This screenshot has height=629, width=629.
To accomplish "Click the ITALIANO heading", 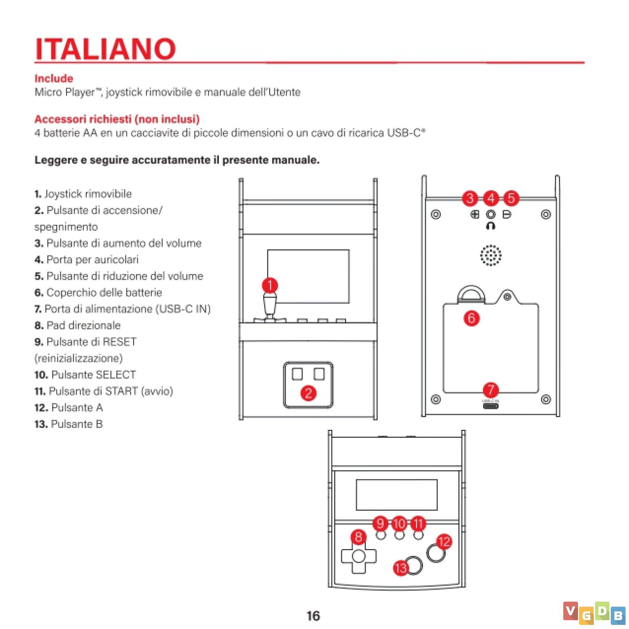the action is (x=105, y=49).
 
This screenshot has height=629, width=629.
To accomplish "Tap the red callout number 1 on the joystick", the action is (x=270, y=286).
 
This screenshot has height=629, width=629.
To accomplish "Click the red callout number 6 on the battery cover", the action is (x=471, y=318).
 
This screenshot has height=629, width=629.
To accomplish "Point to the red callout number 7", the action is (x=491, y=390).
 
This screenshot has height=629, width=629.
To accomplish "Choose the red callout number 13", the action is (x=401, y=568).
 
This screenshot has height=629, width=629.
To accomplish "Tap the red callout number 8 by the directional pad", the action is (x=359, y=537).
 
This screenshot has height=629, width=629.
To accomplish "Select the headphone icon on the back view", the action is (x=491, y=225).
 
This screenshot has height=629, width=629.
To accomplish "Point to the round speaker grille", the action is (x=491, y=256).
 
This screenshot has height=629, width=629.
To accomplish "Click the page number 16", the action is (x=313, y=616).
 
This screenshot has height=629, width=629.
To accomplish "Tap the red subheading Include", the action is (x=54, y=78).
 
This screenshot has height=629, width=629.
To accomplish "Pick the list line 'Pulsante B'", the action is (x=77, y=424).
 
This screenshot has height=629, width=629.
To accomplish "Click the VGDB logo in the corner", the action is (x=594, y=613).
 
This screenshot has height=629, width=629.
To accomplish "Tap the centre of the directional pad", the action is (x=359, y=556).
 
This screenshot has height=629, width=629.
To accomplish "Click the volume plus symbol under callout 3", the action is (x=475, y=214).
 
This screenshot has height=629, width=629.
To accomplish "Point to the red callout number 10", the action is (x=399, y=524).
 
